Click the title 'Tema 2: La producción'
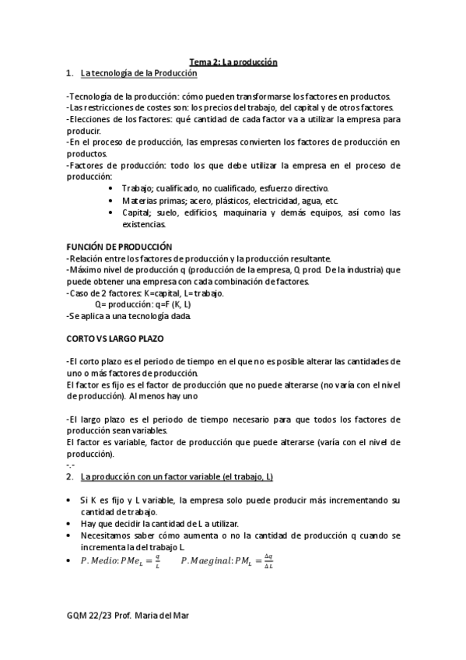click(x=233, y=61)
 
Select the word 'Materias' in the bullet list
click(x=139, y=200)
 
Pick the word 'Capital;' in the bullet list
click(x=139, y=212)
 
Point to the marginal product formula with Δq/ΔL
click(x=227, y=560)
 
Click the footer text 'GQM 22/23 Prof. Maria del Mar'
click(x=128, y=616)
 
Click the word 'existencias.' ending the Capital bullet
click(x=144, y=224)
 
